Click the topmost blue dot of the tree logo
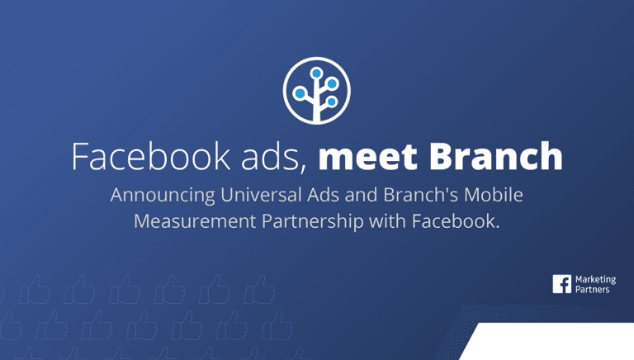[x=317, y=72]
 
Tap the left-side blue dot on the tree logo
[x=300, y=92]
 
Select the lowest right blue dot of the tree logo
[x=331, y=102]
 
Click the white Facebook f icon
[x=562, y=285]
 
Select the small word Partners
[x=591, y=291]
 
